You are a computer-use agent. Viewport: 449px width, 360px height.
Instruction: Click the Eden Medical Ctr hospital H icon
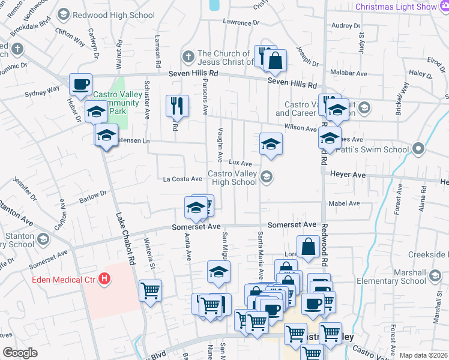105,279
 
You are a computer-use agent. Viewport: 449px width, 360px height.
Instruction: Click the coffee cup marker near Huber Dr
80,85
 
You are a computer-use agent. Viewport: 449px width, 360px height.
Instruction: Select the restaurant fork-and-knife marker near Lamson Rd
177,106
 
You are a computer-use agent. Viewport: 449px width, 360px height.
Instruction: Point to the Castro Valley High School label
232,178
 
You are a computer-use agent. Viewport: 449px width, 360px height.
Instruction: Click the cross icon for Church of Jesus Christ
188,57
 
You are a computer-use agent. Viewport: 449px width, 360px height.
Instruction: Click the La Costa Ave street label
182,179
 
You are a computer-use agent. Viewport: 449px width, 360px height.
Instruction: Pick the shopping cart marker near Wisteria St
150,292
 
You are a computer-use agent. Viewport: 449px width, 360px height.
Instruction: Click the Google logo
20,353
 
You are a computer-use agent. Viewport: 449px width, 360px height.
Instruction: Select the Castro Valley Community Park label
118,103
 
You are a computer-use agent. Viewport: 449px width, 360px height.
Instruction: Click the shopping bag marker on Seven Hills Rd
276,61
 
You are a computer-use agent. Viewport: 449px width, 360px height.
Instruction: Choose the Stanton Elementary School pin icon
42,239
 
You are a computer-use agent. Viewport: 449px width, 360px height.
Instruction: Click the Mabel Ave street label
345,203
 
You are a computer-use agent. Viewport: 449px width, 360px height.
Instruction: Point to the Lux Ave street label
240,163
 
